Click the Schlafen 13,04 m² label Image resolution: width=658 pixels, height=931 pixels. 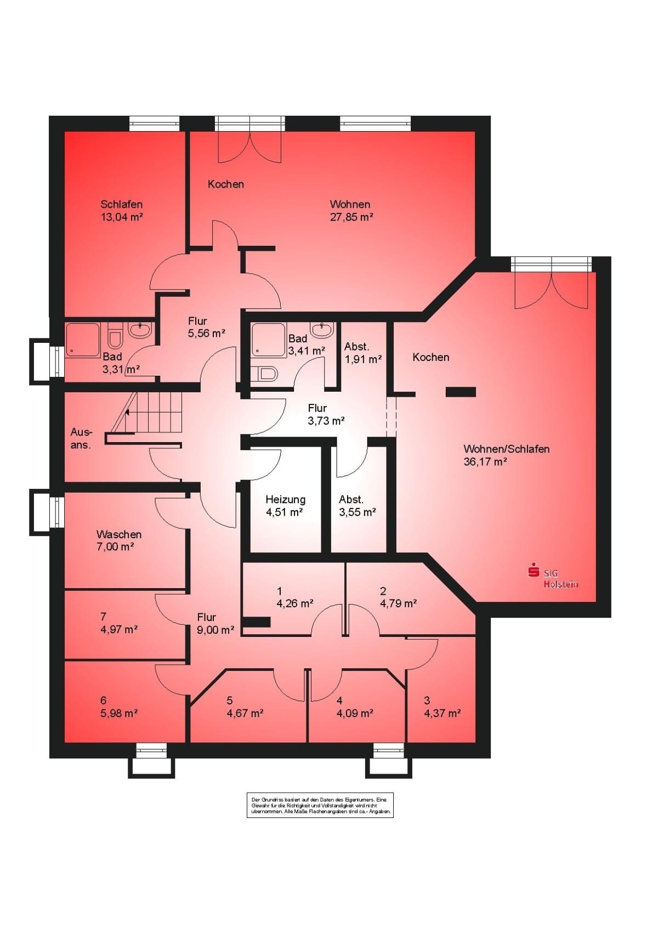(122, 210)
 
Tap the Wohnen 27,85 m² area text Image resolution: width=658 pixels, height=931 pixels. (350, 210)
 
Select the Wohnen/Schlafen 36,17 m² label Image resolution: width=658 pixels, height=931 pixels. (506, 455)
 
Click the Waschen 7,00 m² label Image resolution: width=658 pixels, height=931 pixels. (119, 540)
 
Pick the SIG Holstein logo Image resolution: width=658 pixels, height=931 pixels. (553, 577)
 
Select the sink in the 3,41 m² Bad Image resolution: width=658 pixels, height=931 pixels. (323, 330)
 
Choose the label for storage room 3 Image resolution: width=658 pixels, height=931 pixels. (442, 707)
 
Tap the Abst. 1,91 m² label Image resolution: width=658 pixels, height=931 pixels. (362, 353)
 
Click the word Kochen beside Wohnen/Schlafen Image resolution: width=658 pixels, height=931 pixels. (431, 357)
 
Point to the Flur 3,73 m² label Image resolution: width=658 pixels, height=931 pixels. (326, 414)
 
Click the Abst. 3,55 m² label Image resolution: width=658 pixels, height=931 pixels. (358, 505)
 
